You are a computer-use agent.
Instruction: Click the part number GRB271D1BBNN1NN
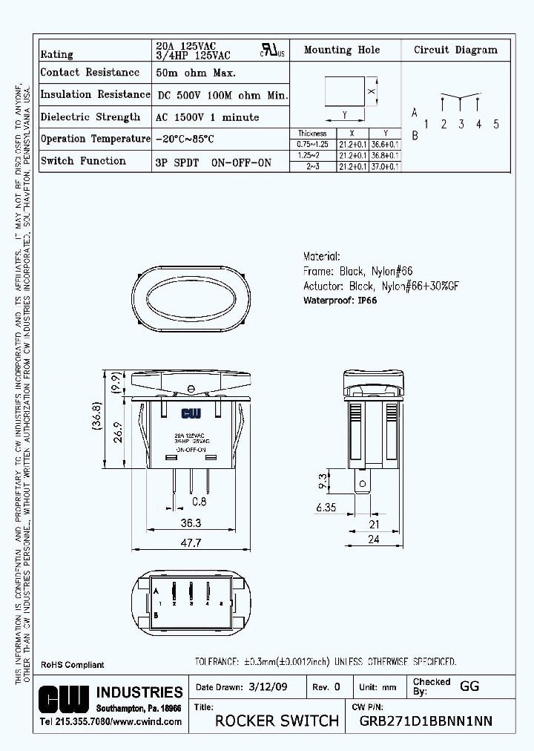(425, 721)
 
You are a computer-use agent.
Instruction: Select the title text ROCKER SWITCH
(277, 721)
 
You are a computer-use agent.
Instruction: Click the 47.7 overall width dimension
(191, 542)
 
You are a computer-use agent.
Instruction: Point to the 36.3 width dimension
(191, 522)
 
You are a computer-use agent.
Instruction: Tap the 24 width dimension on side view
(373, 540)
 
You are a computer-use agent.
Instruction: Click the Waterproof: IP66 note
(340, 301)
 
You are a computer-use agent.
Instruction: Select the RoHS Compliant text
(72, 665)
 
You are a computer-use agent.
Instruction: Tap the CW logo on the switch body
(191, 413)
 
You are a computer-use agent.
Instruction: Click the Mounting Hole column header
(342, 50)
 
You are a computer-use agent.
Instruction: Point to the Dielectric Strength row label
(90, 117)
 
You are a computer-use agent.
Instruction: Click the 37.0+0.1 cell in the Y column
(386, 166)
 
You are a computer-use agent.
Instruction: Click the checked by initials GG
(469, 686)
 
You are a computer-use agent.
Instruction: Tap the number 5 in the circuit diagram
(495, 124)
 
